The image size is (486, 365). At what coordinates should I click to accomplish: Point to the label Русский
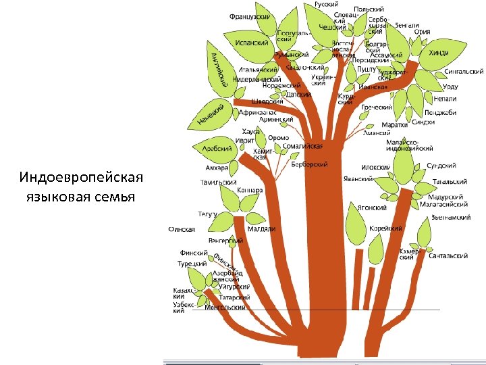[x=327, y=4]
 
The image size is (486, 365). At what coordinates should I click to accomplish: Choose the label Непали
[x=435, y=99]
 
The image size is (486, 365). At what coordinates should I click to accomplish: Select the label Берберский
[x=310, y=164]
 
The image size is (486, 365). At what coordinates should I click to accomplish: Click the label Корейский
[x=385, y=228]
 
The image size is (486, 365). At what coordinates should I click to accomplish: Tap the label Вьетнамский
[x=450, y=218]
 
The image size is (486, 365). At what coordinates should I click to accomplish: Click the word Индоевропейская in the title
[x=82, y=177]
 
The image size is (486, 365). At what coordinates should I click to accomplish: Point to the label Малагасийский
[x=443, y=203]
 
